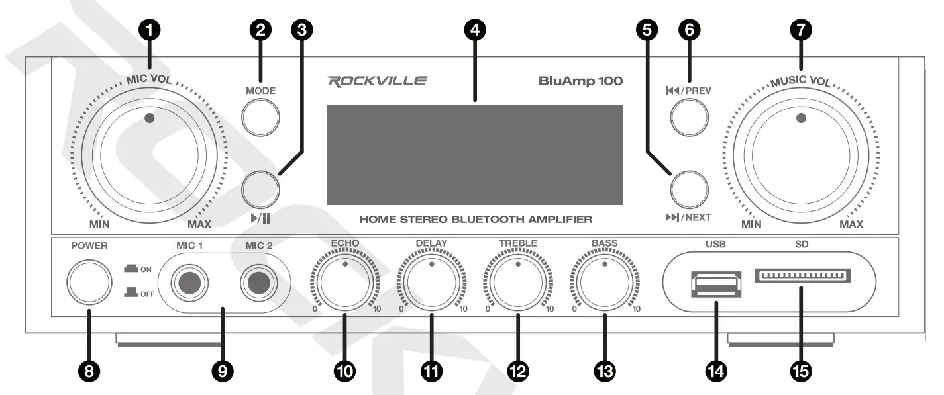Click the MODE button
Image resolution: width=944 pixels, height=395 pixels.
point(260,118)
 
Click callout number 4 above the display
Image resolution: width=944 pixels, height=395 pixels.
point(475,29)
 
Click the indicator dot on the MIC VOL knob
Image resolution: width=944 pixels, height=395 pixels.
point(149,118)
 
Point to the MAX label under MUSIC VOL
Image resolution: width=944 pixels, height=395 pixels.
point(851,225)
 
